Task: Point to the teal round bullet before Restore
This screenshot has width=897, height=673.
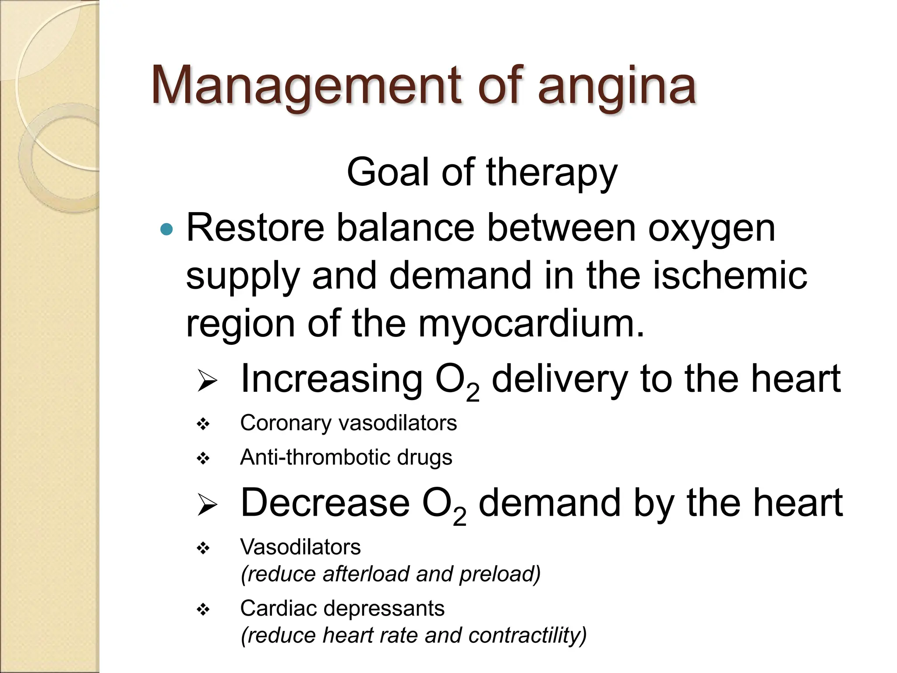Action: point(167,229)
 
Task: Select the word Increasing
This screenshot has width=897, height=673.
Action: point(332,379)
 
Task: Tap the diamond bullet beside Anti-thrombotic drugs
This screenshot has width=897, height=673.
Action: point(203,459)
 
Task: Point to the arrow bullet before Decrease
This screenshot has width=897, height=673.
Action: point(207,504)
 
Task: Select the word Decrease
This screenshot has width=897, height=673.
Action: point(325,503)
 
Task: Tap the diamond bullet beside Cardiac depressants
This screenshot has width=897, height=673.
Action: point(203,609)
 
